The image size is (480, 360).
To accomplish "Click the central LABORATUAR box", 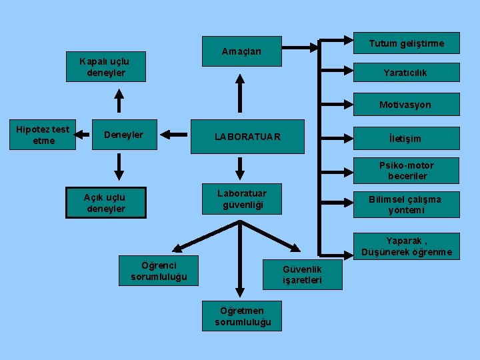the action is click(x=247, y=137).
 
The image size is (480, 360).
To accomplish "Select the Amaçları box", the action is click(x=242, y=51).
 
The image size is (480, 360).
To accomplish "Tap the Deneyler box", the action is click(x=125, y=135).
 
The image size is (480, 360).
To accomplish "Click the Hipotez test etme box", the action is click(x=43, y=135).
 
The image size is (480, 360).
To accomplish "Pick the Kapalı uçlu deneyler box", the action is click(x=106, y=67).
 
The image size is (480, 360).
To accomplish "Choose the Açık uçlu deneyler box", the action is click(x=106, y=203).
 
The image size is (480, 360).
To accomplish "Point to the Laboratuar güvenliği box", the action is click(x=242, y=199).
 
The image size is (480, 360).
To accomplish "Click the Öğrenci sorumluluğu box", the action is click(x=159, y=271).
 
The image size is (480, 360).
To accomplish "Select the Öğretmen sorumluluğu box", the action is click(x=242, y=316).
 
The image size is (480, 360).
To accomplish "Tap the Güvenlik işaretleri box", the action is click(x=303, y=275).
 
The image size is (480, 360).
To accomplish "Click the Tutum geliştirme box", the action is click(x=407, y=43).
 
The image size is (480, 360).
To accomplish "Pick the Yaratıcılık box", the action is click(x=407, y=72).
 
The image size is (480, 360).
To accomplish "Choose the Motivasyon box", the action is click(x=407, y=105).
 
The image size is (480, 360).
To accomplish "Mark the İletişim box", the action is click(x=407, y=139).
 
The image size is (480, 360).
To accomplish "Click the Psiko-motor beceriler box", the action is click(x=407, y=171).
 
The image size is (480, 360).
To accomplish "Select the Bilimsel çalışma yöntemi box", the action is click(x=407, y=205).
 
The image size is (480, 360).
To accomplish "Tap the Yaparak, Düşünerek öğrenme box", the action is click(x=407, y=247).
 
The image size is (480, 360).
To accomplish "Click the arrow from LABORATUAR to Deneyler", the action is click(x=174, y=135).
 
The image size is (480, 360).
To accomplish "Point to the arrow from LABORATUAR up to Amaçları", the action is click(x=240, y=93).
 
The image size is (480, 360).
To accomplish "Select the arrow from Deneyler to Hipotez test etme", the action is click(x=82, y=135).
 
